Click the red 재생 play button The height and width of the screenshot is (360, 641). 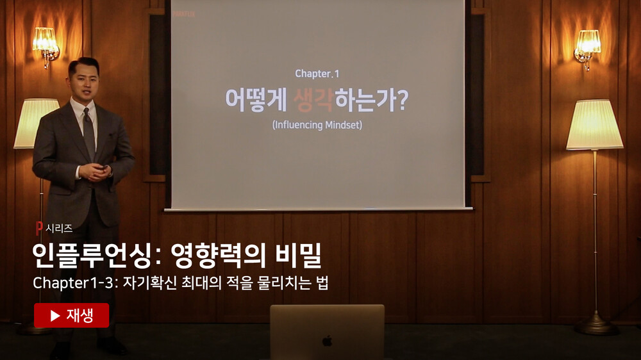coord(72,315)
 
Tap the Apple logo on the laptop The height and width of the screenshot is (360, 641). coord(327,341)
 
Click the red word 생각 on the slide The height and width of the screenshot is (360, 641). coord(313,100)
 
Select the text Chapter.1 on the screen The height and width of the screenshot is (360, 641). coord(317,74)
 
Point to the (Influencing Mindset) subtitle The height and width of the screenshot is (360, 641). coord(317,125)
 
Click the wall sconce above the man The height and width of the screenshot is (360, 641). coord(46,45)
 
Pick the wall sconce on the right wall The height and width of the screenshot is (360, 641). coord(587,48)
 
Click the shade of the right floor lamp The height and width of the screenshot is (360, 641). coord(594,124)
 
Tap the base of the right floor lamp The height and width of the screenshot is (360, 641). coord(595,325)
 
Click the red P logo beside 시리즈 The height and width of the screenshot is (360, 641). coord(39,228)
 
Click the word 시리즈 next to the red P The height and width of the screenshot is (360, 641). coord(59,229)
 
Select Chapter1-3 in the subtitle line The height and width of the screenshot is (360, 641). coord(73,282)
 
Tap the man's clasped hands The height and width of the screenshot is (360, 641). coord(96,172)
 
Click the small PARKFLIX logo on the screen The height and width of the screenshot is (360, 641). coord(183,14)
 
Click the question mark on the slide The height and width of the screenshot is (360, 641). coord(403,100)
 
